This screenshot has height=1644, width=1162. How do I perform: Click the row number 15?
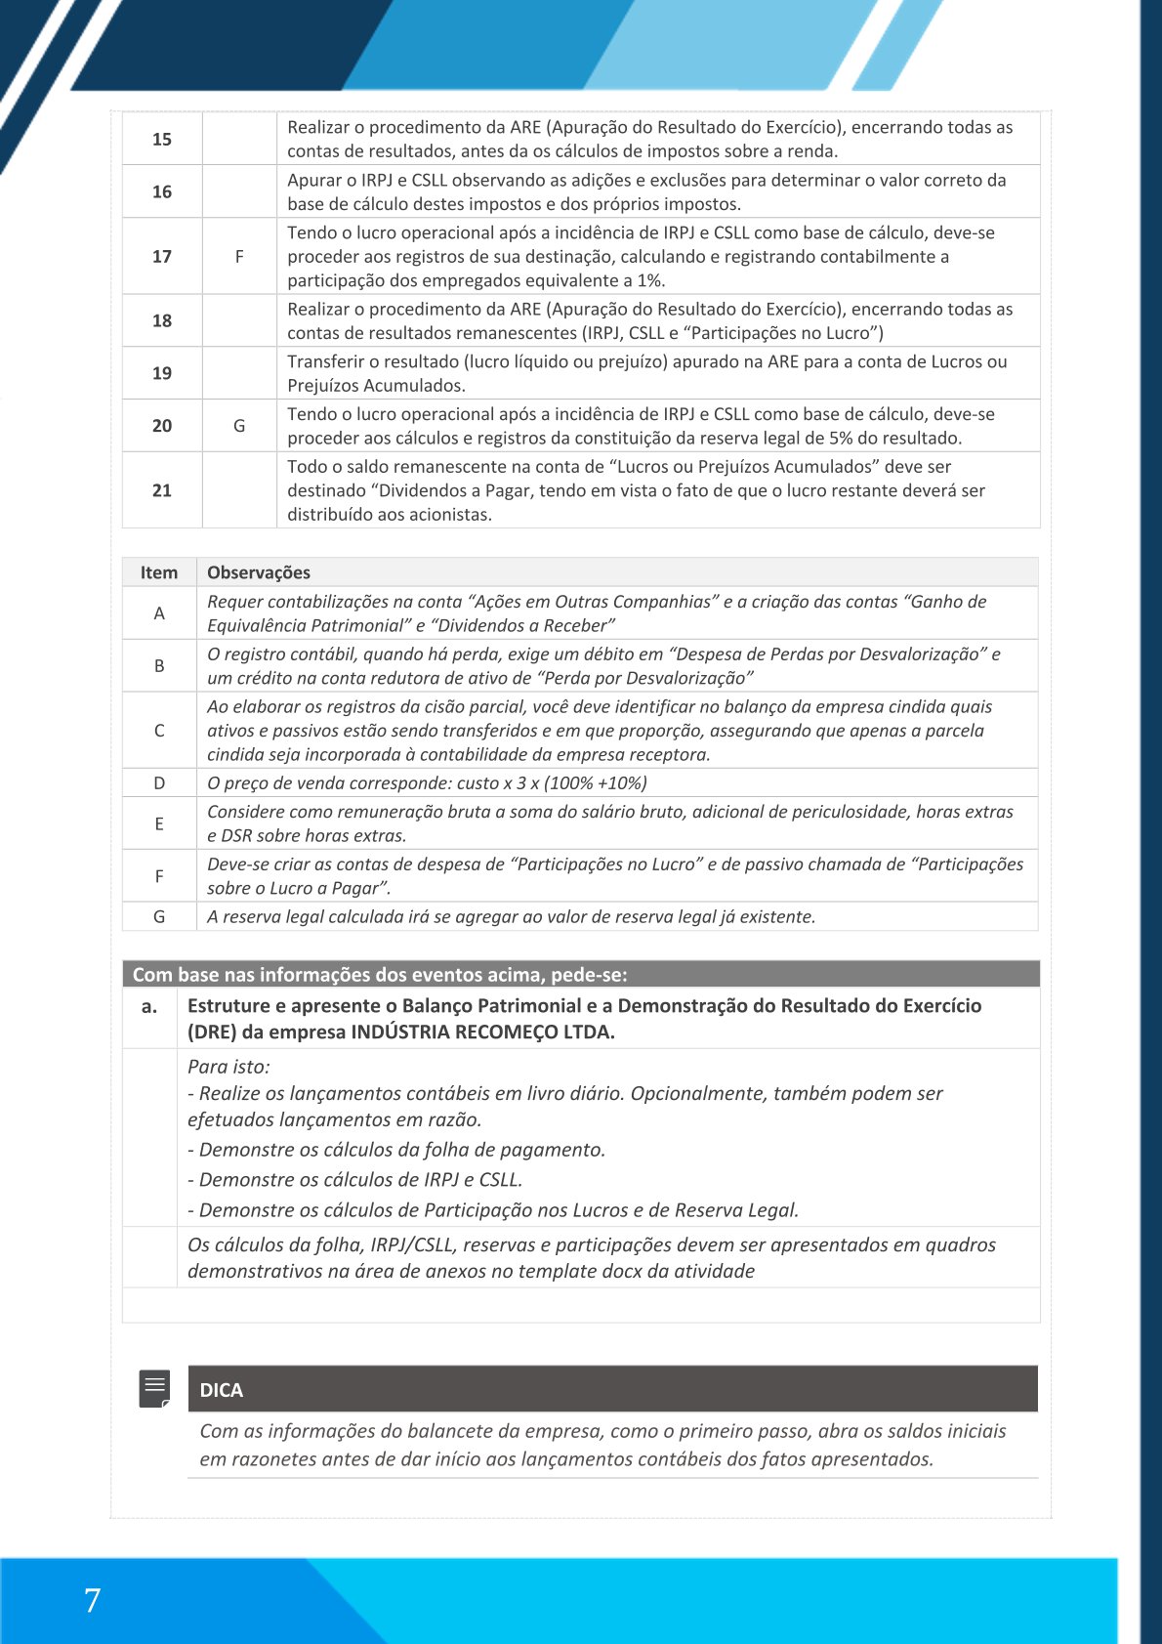point(162,140)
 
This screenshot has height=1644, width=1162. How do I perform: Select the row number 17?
point(162,257)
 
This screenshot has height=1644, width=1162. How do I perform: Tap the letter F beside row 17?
point(239,257)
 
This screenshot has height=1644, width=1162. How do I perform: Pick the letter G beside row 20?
point(239,426)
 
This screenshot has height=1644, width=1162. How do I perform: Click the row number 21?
point(162,490)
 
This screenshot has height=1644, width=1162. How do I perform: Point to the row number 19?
point(162,373)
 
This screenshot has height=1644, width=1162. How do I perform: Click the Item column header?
point(159,572)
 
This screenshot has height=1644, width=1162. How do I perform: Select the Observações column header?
point(259,572)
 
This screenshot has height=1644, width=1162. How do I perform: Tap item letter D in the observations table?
point(159,783)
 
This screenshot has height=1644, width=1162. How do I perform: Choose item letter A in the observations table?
point(159,613)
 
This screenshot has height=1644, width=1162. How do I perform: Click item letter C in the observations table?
point(159,731)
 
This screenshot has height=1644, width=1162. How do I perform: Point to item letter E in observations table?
point(159,823)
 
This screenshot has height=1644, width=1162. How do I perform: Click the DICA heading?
point(222,1390)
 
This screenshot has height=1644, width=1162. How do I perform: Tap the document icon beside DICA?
point(155,1388)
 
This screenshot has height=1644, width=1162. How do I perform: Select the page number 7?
point(92,1600)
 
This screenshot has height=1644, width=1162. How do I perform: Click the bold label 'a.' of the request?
point(149,1006)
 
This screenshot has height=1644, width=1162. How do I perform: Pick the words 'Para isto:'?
point(228,1067)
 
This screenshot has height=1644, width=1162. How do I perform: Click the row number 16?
point(162,192)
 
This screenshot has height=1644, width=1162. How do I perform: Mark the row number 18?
point(162,320)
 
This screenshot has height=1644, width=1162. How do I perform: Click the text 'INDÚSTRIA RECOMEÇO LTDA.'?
point(482,1033)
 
